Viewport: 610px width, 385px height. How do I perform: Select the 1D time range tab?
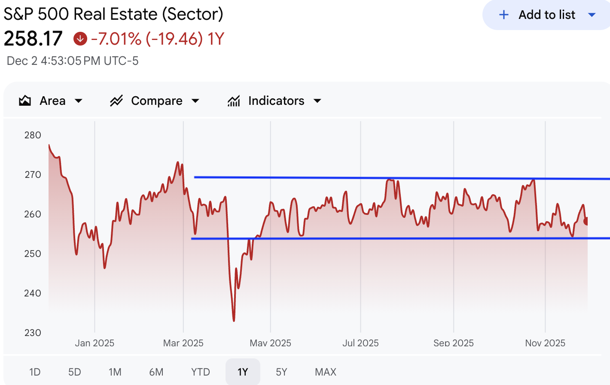pyautogui.click(x=35, y=372)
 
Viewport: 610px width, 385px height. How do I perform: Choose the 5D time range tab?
pyautogui.click(x=75, y=372)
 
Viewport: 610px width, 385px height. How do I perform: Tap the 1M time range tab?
pyautogui.click(x=115, y=372)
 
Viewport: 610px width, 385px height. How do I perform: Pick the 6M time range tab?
pyautogui.click(x=156, y=372)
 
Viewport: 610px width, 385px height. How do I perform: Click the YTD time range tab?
pyautogui.click(x=201, y=372)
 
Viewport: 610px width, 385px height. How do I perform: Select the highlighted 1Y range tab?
pyautogui.click(x=243, y=372)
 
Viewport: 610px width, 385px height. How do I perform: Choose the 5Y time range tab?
pyautogui.click(x=281, y=372)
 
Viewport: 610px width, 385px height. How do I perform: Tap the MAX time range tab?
pyautogui.click(x=326, y=372)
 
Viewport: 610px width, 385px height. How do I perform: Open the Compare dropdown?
pyautogui.click(x=155, y=101)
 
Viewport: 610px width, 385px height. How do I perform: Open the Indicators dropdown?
pyautogui.click(x=275, y=101)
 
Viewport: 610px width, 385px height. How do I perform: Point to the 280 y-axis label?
pyautogui.click(x=33, y=135)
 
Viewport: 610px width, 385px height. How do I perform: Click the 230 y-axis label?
pyautogui.click(x=33, y=333)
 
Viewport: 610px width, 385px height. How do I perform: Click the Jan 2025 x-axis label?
pyautogui.click(x=95, y=343)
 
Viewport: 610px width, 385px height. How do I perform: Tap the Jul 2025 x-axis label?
pyautogui.click(x=360, y=343)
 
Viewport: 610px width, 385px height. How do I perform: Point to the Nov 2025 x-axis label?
pyautogui.click(x=545, y=343)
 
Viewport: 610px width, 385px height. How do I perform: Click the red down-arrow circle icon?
pyautogui.click(x=80, y=39)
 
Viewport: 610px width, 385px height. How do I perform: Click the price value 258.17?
pyautogui.click(x=33, y=39)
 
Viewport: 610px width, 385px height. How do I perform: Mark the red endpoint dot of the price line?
pyautogui.click(x=586, y=221)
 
